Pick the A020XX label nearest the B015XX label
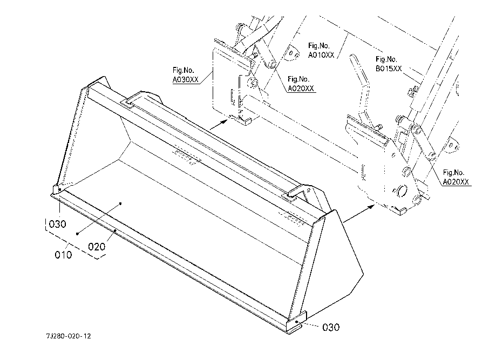point(455,178)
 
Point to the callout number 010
point(63,254)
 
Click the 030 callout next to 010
point(57,224)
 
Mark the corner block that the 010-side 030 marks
point(56,190)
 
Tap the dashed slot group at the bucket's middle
point(186,157)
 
